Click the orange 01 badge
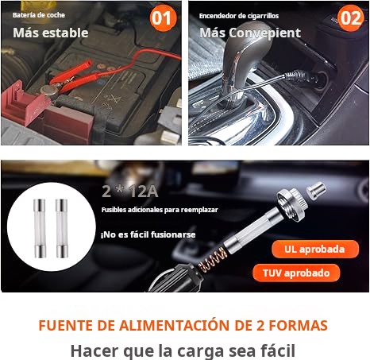[x=163, y=18]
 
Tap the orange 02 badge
[x=350, y=18]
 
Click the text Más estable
[x=51, y=33]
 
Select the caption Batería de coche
[x=39, y=15]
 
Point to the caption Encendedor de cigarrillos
[x=239, y=16]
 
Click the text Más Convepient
[x=250, y=33]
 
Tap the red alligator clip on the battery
[x=71, y=77]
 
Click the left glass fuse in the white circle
[x=40, y=229]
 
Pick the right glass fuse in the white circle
[x=62, y=229]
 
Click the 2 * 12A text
[x=130, y=192]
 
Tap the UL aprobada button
[x=315, y=250]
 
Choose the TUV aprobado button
[x=296, y=273]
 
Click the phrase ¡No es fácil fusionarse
[x=148, y=234]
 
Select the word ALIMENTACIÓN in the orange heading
[x=174, y=325]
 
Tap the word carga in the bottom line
[x=200, y=351]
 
